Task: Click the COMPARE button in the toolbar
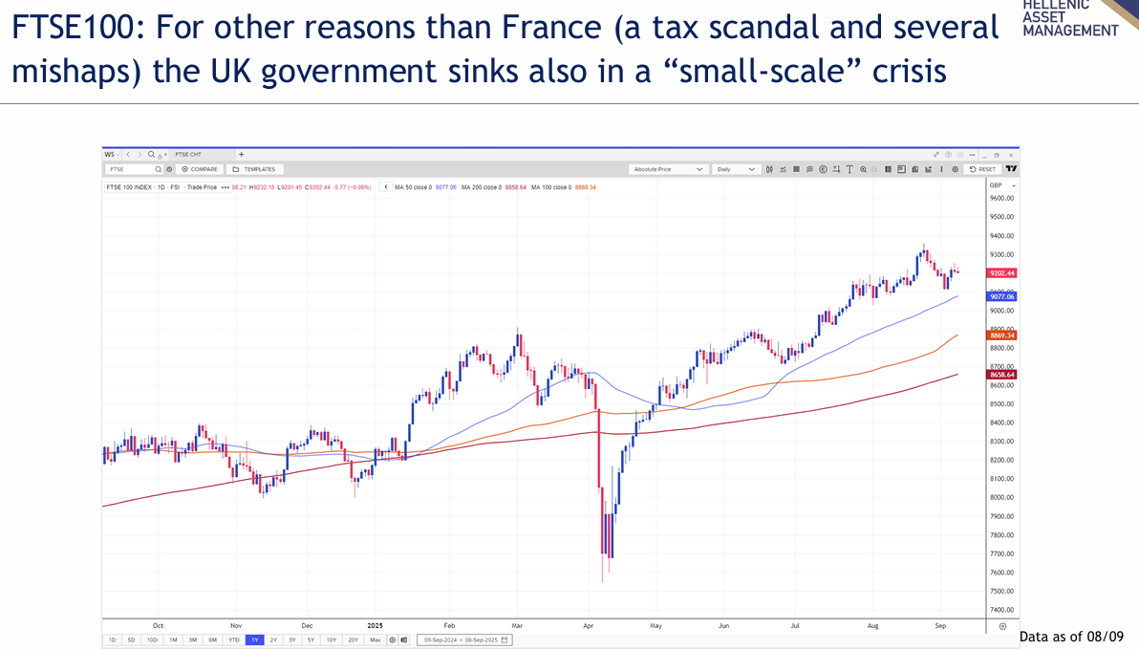click(x=201, y=169)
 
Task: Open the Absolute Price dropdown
click(x=668, y=169)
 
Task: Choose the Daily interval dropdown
click(x=737, y=169)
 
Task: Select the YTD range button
click(x=233, y=639)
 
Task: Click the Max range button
click(x=375, y=639)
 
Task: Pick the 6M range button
click(x=212, y=639)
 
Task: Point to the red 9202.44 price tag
click(x=1002, y=273)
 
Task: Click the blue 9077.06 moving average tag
click(x=1002, y=297)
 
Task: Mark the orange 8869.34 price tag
click(x=1002, y=336)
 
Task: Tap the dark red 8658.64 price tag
click(x=1002, y=375)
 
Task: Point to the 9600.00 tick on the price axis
click(x=1001, y=199)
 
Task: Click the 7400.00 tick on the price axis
click(x=1001, y=610)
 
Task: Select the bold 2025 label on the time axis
click(x=375, y=625)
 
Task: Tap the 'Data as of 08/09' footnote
click(x=1072, y=637)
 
